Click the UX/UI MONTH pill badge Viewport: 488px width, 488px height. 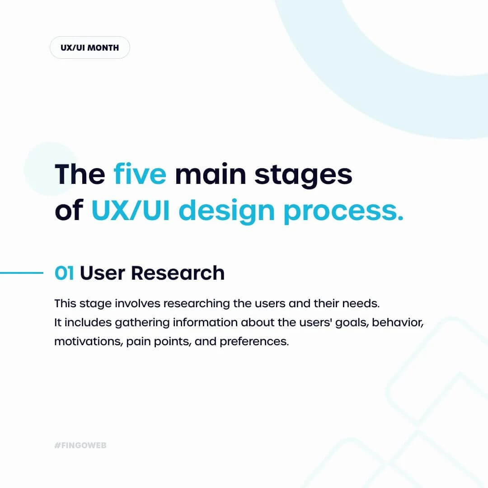point(89,47)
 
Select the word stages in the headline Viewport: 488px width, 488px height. point(304,175)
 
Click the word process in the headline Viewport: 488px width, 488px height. point(343,212)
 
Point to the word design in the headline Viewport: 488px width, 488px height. point(226,211)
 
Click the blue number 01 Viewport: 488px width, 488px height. point(64,273)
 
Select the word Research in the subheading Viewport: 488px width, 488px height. point(178,273)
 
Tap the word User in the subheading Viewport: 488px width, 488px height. point(103,273)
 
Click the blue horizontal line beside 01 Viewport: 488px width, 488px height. point(22,273)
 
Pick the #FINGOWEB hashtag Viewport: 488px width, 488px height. point(80,446)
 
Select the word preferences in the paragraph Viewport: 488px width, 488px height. point(254,342)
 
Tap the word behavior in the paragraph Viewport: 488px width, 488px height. point(398,323)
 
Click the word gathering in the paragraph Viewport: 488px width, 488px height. point(142,323)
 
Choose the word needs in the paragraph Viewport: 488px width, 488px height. point(361,304)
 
